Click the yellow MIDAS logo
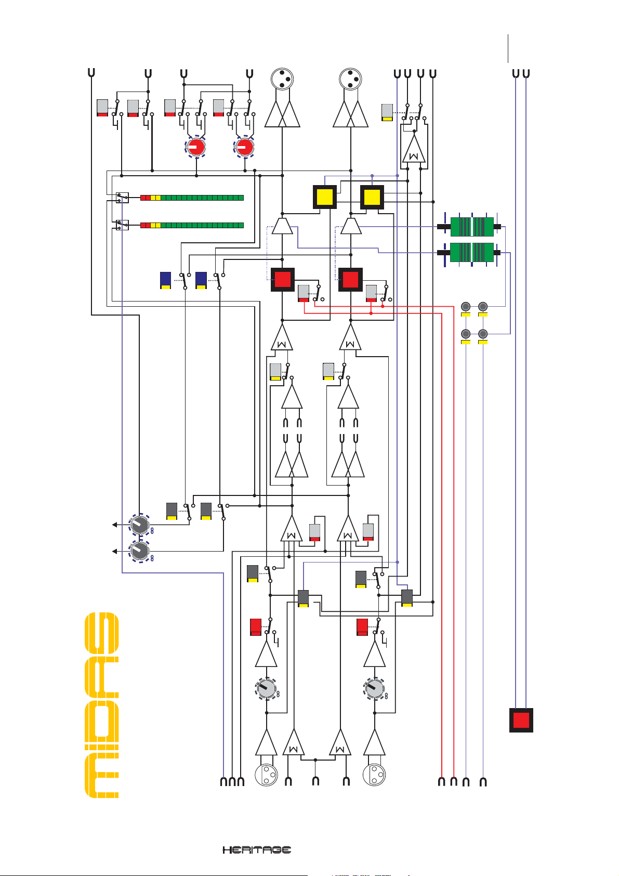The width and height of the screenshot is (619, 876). [x=102, y=705]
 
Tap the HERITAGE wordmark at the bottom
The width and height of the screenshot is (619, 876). [x=257, y=849]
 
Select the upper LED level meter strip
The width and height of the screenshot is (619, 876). [x=192, y=198]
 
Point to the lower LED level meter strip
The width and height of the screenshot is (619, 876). [x=192, y=225]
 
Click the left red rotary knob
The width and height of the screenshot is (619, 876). [x=196, y=148]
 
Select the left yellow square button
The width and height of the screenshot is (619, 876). [x=325, y=198]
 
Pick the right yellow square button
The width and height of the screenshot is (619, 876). [x=372, y=198]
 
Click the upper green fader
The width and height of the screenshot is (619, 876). [x=471, y=227]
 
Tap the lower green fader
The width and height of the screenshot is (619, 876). [x=471, y=253]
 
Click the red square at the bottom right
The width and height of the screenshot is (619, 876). [x=521, y=721]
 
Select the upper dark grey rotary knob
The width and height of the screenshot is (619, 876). [x=139, y=525]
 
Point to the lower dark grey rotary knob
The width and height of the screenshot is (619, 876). [x=139, y=551]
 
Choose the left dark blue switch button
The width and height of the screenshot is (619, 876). [x=166, y=280]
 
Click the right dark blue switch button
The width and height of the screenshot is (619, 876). [x=201, y=280]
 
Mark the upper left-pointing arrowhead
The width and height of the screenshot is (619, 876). [x=115, y=525]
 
